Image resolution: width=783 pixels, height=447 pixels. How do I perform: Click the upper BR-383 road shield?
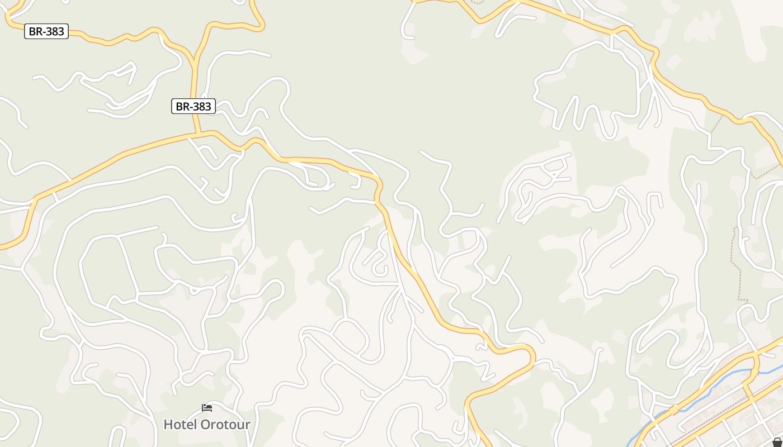tap(46, 31)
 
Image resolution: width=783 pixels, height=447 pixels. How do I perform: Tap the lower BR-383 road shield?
tap(194, 106)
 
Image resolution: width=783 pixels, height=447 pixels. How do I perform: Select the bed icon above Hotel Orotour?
tap(207, 408)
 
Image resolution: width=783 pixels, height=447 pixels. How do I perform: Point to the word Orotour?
tap(225, 424)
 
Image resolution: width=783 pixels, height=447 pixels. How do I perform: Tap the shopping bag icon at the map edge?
tap(777, 443)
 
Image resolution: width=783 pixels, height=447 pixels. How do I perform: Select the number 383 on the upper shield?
tap(54, 31)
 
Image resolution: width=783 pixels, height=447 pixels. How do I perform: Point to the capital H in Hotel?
tap(168, 424)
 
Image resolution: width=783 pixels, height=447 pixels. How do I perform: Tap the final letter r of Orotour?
tap(248, 425)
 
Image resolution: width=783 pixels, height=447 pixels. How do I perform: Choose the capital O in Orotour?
tap(205, 424)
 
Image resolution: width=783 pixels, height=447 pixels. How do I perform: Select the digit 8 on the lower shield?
tap(201, 106)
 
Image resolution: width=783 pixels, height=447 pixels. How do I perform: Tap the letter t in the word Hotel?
tap(185, 424)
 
